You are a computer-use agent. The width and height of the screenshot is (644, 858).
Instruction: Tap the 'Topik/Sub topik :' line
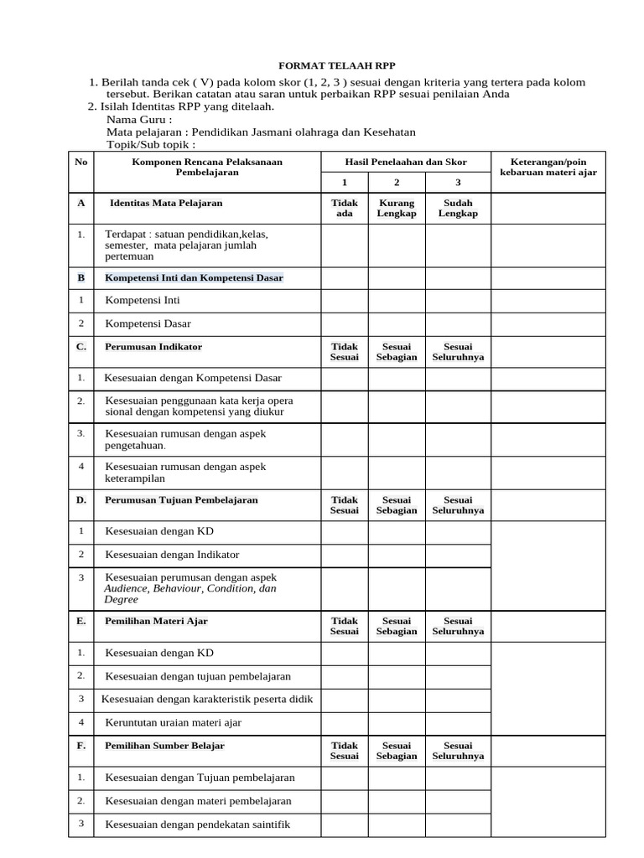(x=151, y=145)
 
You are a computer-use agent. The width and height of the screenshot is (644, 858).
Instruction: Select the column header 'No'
(x=80, y=162)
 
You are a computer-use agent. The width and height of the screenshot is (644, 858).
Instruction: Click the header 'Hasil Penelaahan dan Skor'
(x=406, y=162)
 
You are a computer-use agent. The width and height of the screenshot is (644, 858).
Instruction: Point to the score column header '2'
(x=396, y=182)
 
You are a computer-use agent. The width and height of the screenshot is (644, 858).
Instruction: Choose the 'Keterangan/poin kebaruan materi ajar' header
(x=548, y=167)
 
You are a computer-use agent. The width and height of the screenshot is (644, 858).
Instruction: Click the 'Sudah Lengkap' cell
(x=458, y=209)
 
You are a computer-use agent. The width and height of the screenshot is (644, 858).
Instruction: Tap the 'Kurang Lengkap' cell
(x=396, y=209)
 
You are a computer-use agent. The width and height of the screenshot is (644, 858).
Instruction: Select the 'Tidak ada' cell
(x=345, y=209)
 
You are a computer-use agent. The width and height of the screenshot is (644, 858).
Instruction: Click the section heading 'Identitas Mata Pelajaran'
(x=166, y=204)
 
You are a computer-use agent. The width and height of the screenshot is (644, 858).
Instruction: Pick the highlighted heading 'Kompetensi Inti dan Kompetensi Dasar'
(x=194, y=277)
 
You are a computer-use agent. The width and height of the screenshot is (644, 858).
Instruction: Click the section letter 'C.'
(x=81, y=346)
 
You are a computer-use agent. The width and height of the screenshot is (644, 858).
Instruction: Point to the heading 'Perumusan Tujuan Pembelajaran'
(x=181, y=500)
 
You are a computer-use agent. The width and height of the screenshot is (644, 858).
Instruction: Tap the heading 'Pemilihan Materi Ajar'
(x=156, y=621)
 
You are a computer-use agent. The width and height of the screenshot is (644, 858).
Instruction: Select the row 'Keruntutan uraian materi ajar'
(x=173, y=722)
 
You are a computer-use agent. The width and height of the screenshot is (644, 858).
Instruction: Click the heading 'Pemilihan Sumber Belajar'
(x=164, y=745)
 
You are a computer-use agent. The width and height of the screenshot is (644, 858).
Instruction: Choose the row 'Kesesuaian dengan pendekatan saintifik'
(x=197, y=824)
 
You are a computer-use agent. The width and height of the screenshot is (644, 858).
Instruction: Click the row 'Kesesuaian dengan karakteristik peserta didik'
(x=207, y=699)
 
